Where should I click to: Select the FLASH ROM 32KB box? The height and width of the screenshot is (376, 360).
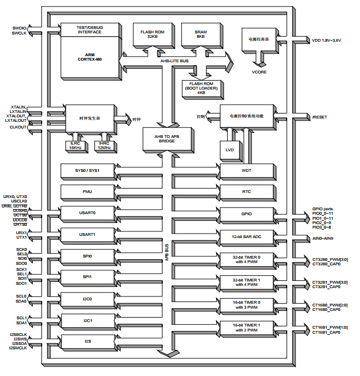[153, 34]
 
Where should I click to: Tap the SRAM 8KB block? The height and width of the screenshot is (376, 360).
[201, 34]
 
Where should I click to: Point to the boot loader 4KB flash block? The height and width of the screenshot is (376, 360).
[201, 88]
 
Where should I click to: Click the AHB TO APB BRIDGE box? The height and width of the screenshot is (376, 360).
[167, 138]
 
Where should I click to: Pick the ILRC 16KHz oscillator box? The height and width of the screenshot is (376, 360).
[76, 145]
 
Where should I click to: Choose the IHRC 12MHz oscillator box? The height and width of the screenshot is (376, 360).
[104, 145]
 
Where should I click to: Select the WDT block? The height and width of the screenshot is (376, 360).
[246, 170]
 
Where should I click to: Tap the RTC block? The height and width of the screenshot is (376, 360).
[246, 192]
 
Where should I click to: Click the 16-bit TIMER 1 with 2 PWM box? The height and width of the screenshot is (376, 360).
[246, 327]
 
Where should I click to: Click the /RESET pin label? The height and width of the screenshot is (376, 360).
[320, 117]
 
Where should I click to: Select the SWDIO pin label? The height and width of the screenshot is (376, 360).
[18, 27]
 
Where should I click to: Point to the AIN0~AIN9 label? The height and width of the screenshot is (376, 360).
[324, 238]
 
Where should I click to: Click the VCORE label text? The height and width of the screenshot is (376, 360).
[259, 72]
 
